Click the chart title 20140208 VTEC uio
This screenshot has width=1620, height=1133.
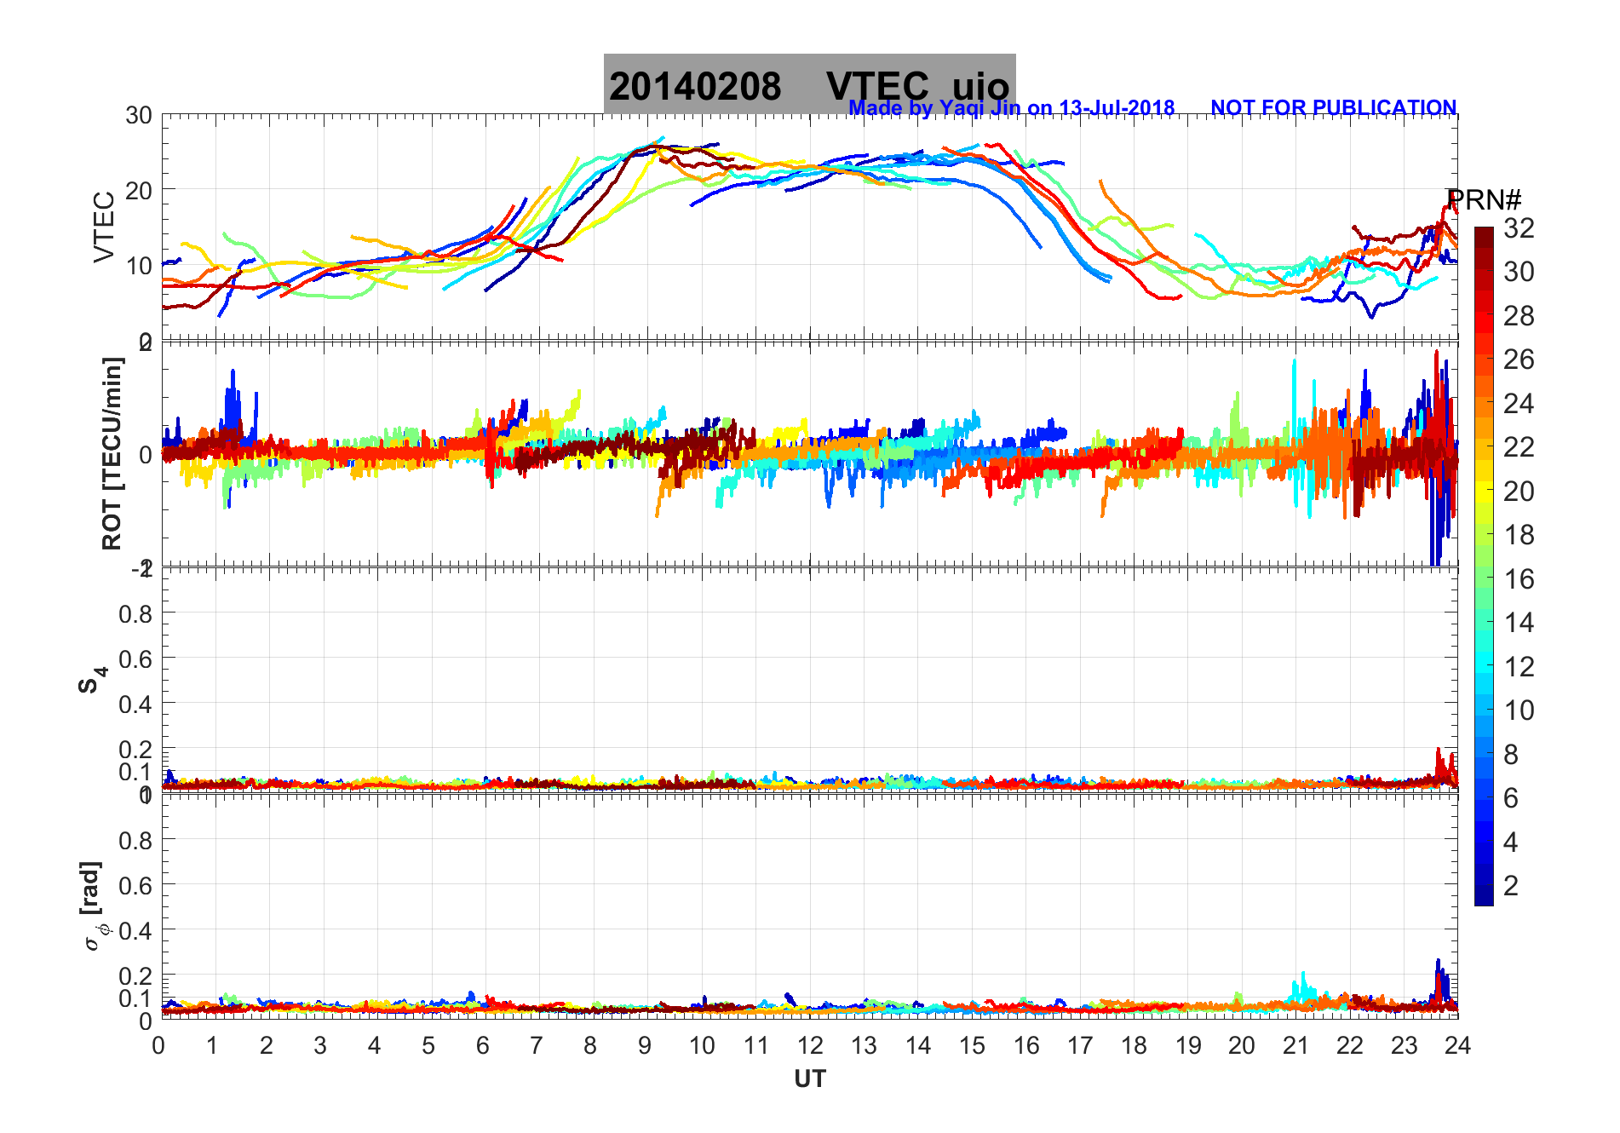809,85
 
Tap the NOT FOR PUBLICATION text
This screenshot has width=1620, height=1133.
1333,108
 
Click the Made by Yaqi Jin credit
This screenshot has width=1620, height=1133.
1011,108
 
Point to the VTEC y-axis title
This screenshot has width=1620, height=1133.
104,227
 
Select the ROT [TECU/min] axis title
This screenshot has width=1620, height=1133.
112,453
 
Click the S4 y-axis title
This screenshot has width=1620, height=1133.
93,680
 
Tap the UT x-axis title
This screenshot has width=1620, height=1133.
809,1079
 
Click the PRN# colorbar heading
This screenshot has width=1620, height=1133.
1484,200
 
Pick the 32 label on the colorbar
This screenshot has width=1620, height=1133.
1519,227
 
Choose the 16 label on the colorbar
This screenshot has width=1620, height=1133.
1519,579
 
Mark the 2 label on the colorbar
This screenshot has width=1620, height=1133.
1511,886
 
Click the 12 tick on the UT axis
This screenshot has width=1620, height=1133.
810,1045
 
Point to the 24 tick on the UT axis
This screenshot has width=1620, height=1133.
1457,1045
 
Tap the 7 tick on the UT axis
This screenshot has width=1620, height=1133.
537,1045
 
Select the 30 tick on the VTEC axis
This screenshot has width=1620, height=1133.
139,115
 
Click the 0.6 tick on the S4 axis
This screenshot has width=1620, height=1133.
135,659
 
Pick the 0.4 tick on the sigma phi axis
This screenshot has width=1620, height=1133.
135,930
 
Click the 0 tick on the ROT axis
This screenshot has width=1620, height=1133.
146,454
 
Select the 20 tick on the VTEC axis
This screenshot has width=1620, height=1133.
139,190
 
